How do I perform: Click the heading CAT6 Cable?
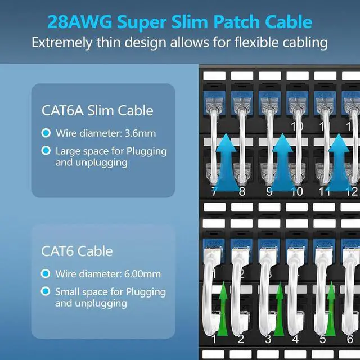(x=77, y=251)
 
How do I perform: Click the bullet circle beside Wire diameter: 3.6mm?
(x=46, y=134)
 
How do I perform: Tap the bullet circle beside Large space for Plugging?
(x=46, y=151)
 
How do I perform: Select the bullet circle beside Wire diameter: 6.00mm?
(x=46, y=274)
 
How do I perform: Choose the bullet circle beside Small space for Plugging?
(x=46, y=292)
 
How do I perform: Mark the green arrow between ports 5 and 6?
(x=331, y=309)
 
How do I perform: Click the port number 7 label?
(x=214, y=192)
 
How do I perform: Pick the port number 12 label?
(x=352, y=192)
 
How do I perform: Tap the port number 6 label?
(x=350, y=339)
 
